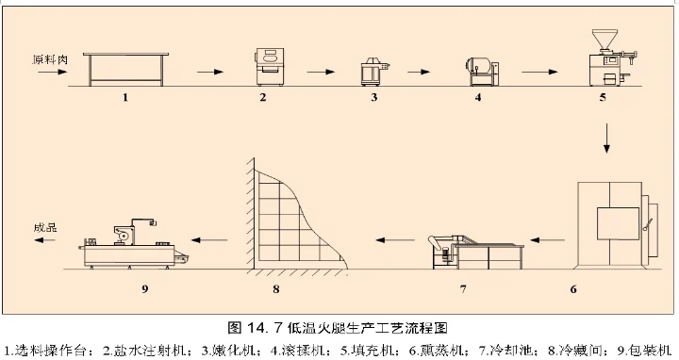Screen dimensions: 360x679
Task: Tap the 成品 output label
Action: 46,227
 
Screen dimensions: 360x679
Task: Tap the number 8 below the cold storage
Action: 275,288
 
